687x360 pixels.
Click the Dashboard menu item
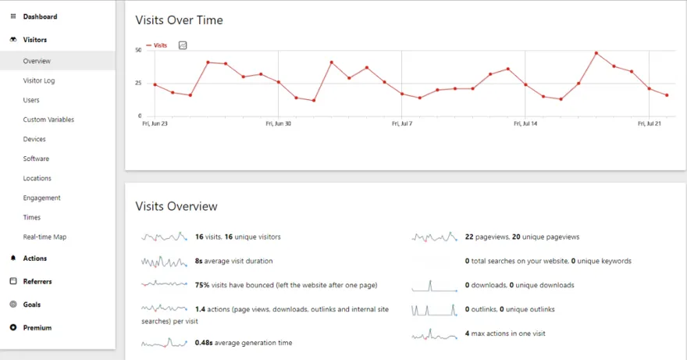point(39,16)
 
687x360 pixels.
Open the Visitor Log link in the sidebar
point(38,80)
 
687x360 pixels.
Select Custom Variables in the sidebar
point(48,119)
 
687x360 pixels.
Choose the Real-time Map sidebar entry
point(44,237)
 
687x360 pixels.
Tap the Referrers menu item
point(37,281)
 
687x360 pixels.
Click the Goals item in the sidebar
point(31,305)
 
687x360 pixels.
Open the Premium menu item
point(37,328)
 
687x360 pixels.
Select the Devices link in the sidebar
point(34,139)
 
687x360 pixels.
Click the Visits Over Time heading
point(179,20)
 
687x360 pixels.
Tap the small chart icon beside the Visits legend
point(183,45)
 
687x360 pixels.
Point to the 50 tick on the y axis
point(138,50)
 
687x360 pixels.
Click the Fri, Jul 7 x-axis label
point(400,123)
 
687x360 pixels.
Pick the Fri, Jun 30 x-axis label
point(278,123)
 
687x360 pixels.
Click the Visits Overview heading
point(176,206)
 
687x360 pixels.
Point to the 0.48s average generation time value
point(205,342)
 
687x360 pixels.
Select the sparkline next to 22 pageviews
point(434,237)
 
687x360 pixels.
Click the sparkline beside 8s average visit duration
point(164,261)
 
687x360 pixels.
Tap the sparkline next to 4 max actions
point(434,334)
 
